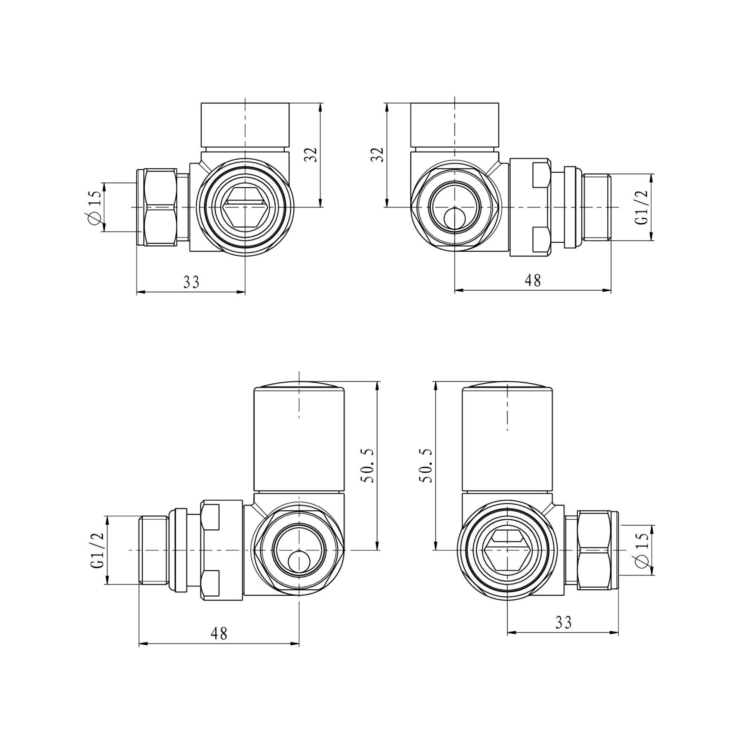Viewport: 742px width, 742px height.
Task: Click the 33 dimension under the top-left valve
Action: tap(191, 282)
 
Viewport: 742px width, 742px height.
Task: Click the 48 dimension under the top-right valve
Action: tap(533, 280)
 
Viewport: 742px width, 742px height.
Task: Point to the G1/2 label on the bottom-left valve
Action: tap(97, 550)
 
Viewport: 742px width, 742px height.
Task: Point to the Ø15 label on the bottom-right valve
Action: tap(643, 550)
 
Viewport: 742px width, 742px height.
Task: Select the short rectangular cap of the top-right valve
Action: tap(455, 125)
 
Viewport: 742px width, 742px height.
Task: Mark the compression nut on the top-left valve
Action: tap(160, 208)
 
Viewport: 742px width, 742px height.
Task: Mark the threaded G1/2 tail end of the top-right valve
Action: tap(596, 208)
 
